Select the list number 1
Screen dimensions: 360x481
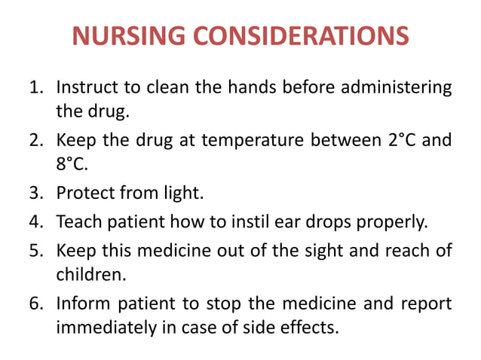[x=35, y=88]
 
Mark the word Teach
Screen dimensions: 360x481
[x=78, y=223]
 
